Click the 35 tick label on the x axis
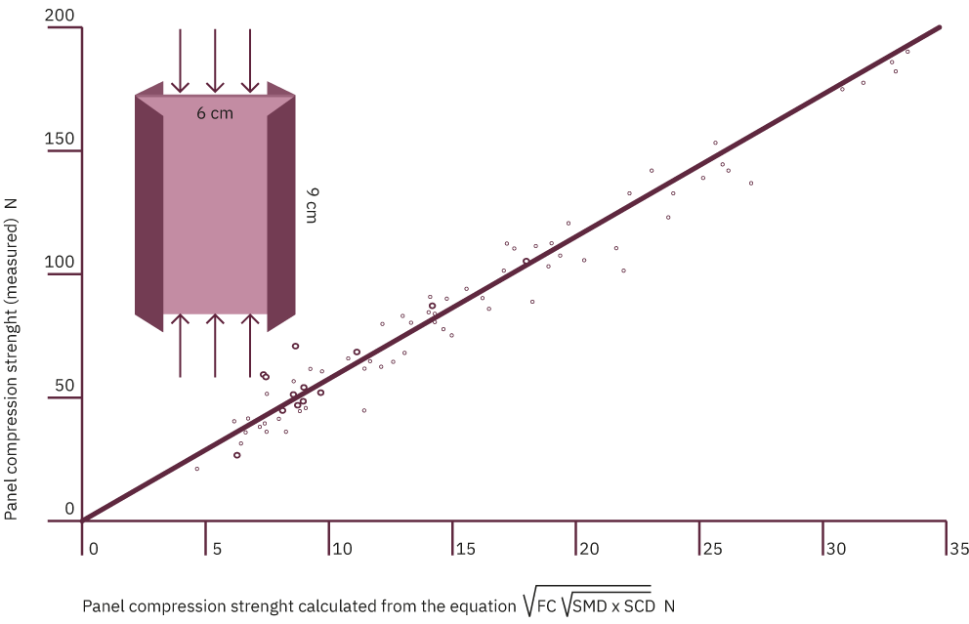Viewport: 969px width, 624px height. [959, 551]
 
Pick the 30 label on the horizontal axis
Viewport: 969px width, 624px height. [836, 551]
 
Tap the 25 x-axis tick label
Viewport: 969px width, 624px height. [712, 551]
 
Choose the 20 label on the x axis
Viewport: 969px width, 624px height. [589, 551]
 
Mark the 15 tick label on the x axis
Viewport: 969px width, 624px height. [465, 551]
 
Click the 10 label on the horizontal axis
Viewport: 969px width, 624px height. [342, 551]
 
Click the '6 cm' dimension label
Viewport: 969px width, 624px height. [215, 113]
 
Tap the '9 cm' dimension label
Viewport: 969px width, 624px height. [311, 205]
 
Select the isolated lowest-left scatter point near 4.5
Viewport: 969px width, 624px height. [197, 469]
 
